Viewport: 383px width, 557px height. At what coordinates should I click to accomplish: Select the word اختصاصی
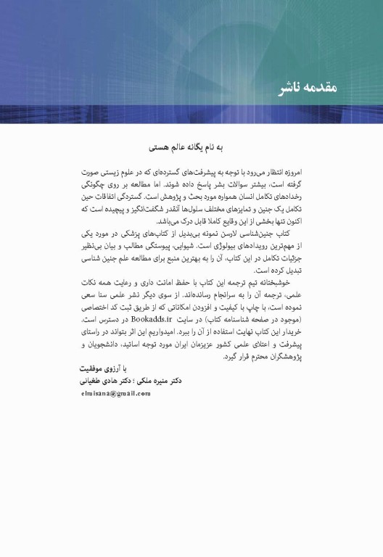100,308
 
